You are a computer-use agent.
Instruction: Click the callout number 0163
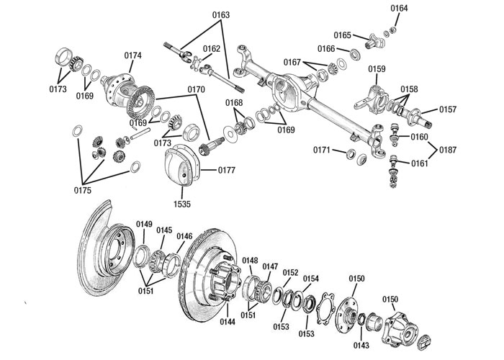201,14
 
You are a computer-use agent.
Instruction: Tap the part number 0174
133,55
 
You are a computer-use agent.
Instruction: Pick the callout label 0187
447,150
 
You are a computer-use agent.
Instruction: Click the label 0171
322,150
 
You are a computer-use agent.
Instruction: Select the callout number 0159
377,69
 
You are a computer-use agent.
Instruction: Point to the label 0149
144,224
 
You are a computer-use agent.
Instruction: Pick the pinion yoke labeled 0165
376,40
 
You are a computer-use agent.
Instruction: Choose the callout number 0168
234,102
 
